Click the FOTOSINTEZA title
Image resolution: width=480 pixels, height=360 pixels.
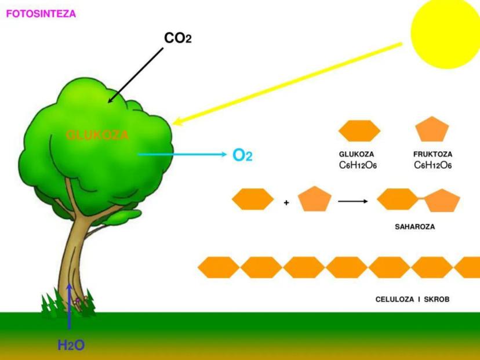coord(41,13)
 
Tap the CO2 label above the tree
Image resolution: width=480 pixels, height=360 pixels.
coord(177,38)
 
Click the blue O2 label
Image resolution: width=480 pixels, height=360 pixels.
coord(242,155)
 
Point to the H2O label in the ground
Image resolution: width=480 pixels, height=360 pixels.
coord(71,346)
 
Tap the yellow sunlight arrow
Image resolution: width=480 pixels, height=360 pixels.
coord(290,83)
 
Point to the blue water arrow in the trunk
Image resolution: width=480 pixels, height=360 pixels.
coord(69,304)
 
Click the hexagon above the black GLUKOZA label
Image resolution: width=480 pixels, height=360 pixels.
coord(359,131)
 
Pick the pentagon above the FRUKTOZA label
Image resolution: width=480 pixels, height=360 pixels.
coord(432,130)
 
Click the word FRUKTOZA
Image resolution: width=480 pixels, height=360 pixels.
coord(433,155)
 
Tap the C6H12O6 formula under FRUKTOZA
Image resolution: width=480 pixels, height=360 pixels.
coord(433,165)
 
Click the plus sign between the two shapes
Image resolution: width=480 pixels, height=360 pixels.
coord(287,203)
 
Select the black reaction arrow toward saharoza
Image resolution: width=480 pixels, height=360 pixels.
coord(353,201)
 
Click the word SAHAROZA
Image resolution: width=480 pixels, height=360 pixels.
coord(414,227)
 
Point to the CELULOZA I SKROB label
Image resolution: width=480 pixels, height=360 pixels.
coord(413,300)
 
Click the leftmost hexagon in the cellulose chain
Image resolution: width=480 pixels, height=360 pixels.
coord(219,267)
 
